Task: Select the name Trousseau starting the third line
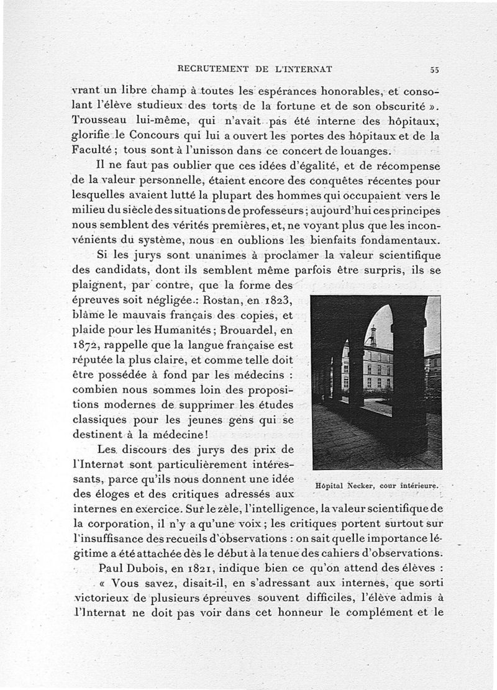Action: (100, 122)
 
